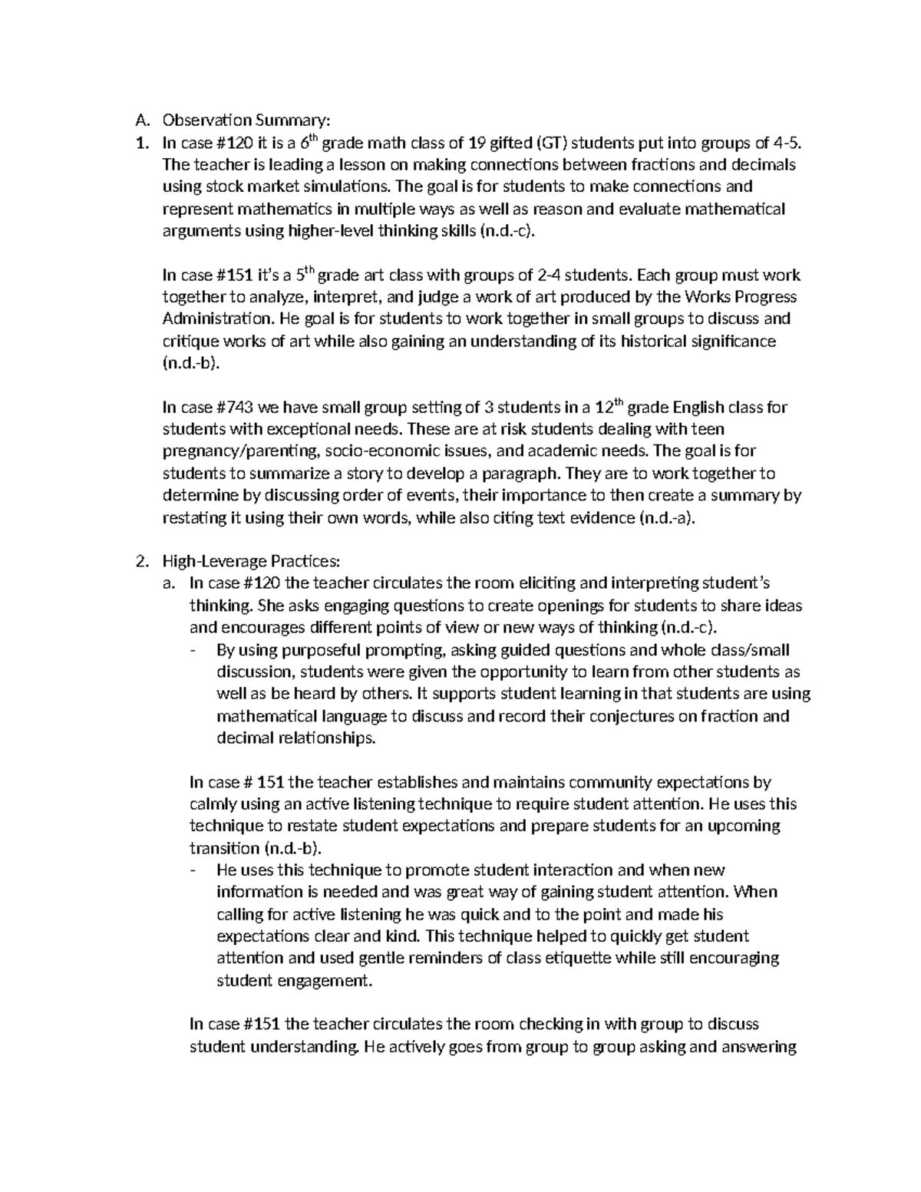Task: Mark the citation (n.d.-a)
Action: [x=666, y=518]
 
